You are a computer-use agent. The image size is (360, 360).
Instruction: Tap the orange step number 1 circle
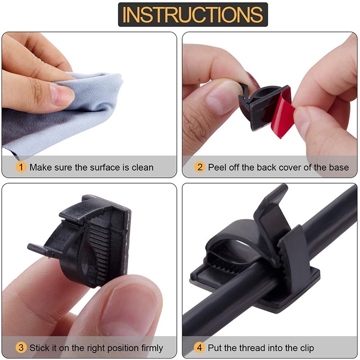point(21,167)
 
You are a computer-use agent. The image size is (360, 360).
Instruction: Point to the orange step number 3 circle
point(21,348)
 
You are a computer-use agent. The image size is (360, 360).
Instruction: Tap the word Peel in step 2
point(218,167)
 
